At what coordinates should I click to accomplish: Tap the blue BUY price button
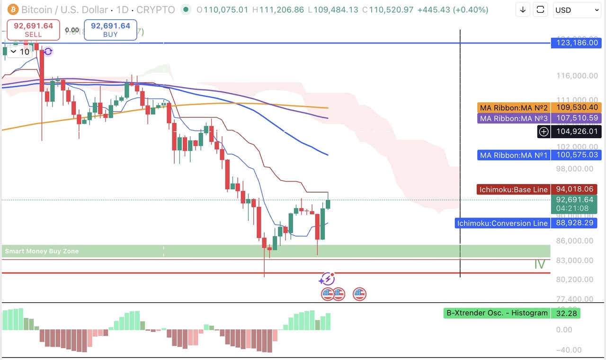110,29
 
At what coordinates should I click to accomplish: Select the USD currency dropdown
577,10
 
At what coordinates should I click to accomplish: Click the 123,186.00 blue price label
574,43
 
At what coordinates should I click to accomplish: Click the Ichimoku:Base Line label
513,190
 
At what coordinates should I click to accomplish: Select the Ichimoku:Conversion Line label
502,223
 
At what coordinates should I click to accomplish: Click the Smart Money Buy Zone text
42,251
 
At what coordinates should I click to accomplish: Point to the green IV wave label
540,264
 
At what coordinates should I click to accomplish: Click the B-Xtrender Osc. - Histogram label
497,313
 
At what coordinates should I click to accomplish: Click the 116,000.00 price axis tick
574,76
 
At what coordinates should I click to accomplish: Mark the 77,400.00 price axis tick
574,299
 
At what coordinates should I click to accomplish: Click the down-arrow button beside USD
523,10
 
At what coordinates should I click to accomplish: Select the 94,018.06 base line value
574,190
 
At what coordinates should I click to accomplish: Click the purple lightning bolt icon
327,279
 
